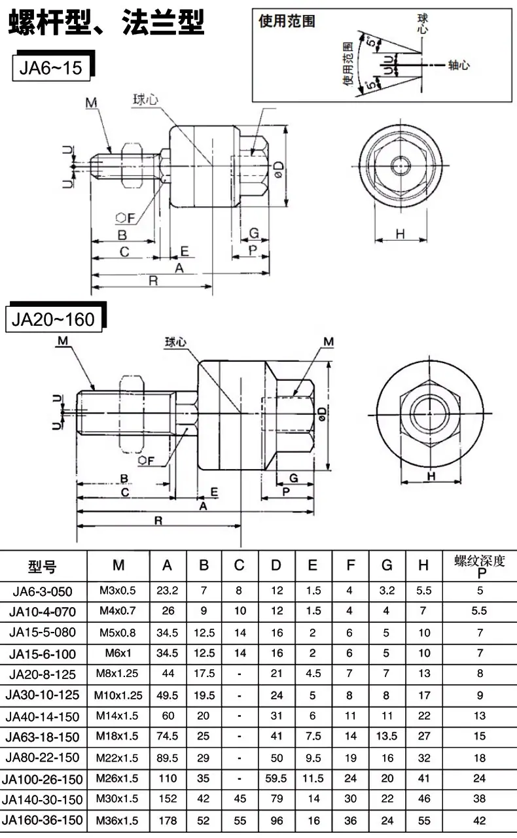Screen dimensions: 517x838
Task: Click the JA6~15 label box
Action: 51,68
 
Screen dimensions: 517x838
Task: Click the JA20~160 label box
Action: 54,319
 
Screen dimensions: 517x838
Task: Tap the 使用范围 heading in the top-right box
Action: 287,22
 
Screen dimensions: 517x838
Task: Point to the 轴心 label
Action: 459,65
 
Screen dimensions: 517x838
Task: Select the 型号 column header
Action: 42,567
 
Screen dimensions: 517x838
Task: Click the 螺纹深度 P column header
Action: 480,566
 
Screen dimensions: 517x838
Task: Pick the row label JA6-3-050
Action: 43,591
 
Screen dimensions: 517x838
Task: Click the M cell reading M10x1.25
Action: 118,695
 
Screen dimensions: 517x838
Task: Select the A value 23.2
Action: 168,590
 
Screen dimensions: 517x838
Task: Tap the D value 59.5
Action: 276,778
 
